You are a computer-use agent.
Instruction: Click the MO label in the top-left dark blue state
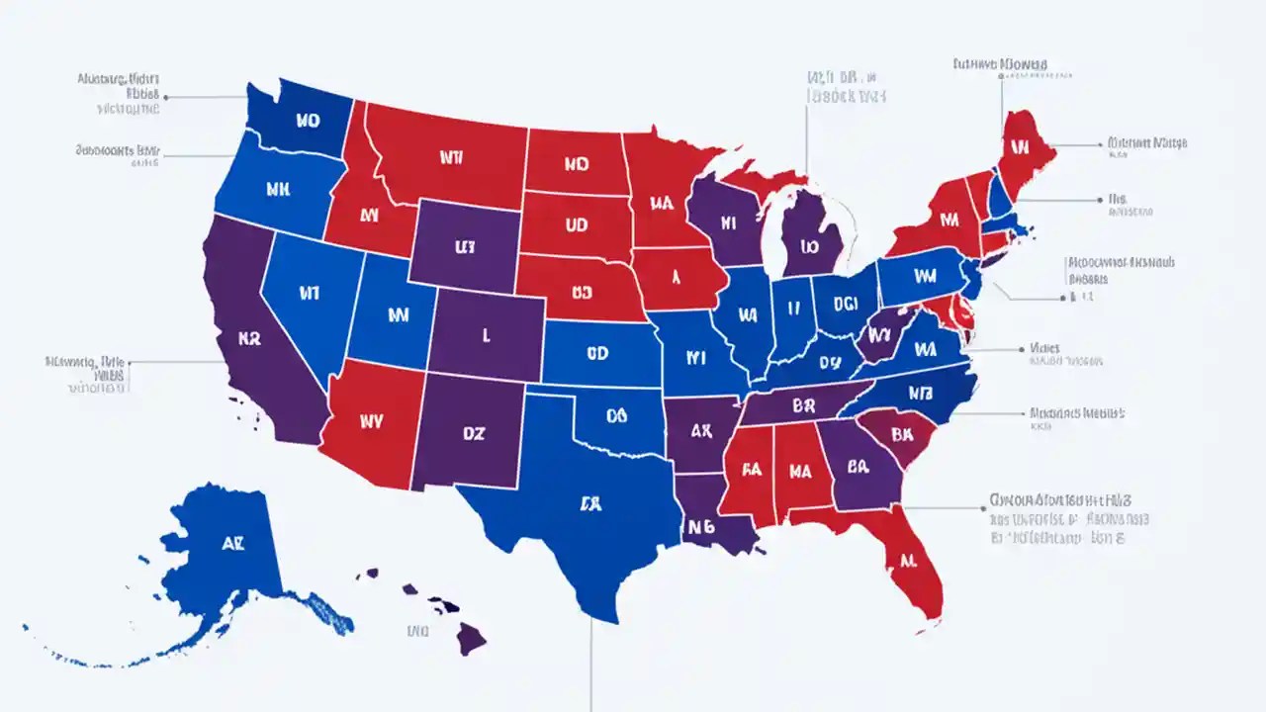(308, 122)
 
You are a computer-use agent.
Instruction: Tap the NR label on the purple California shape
(249, 336)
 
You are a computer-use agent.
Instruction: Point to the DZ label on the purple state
(474, 432)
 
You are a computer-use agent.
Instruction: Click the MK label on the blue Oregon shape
(276, 188)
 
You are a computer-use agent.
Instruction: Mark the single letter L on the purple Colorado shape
(486, 335)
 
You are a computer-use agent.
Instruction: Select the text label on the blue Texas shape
(590, 502)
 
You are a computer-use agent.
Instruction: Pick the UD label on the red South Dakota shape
(576, 225)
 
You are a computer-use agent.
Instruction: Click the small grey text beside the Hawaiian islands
(418, 629)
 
